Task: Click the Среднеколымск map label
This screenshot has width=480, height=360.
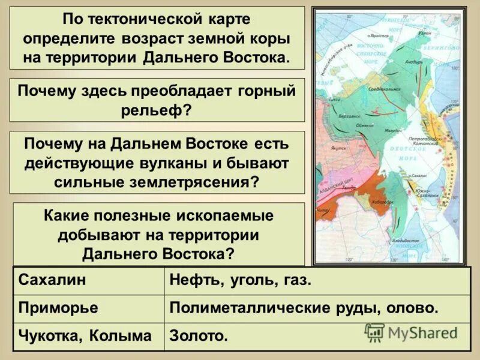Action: pyautogui.click(x=384, y=88)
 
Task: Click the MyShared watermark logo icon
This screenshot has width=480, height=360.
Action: pyautogui.click(x=374, y=332)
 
